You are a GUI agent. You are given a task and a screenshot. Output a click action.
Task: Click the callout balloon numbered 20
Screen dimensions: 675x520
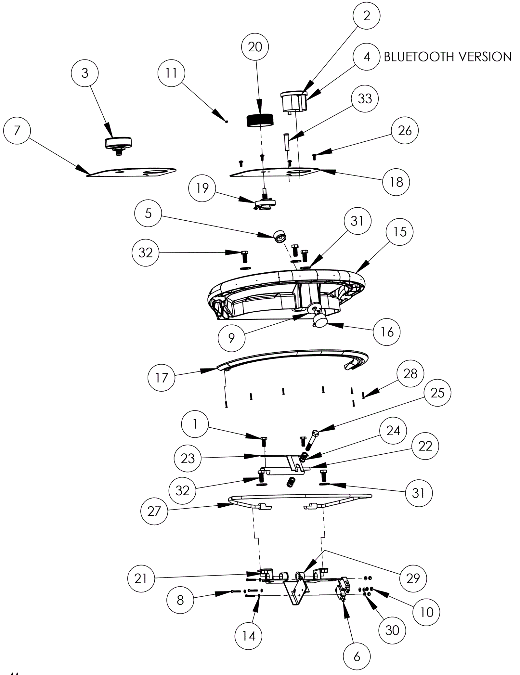point(255,47)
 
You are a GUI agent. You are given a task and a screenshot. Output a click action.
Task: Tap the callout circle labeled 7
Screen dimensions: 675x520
point(17,131)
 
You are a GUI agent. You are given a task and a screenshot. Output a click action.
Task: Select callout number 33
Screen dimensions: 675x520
point(365,98)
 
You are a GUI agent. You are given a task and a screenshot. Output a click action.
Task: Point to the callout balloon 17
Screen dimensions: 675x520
point(162,378)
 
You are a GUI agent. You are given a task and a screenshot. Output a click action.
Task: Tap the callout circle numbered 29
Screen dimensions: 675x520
point(413,578)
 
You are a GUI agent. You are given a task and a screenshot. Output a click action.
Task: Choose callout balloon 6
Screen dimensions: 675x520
point(357,656)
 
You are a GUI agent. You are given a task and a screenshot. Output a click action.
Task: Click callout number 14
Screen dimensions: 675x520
point(249,636)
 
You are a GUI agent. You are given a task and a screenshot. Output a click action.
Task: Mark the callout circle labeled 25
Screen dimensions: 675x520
point(437,393)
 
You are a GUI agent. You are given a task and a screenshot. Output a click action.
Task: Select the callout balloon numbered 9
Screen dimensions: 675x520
point(231,338)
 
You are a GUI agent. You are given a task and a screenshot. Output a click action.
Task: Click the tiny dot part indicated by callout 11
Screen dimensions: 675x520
point(227,122)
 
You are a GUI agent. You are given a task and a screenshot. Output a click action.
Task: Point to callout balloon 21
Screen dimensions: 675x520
point(141,578)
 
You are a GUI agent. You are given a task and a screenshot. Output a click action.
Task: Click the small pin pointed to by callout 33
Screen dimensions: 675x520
point(286,141)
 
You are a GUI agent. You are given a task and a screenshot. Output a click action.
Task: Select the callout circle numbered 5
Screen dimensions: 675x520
point(148,213)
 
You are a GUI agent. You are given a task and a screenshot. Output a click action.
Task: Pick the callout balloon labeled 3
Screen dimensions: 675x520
point(85,73)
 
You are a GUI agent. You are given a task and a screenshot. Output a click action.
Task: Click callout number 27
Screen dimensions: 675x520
point(154,511)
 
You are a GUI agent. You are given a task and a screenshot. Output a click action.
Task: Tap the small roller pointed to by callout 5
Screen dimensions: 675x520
point(279,236)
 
